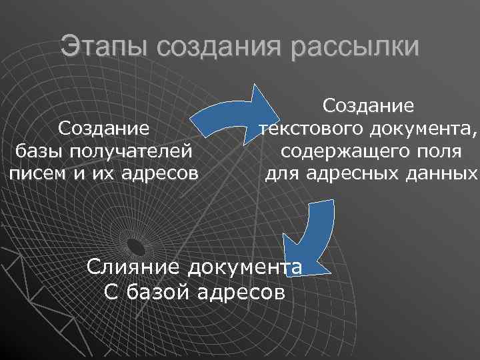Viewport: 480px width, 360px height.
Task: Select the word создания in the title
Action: pyautogui.click(x=221, y=47)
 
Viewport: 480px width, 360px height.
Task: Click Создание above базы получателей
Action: pyautogui.click(x=103, y=127)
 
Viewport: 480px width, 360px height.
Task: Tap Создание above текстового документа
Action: pyautogui.click(x=369, y=105)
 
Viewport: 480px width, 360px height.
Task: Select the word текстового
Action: pyautogui.click(x=309, y=129)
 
